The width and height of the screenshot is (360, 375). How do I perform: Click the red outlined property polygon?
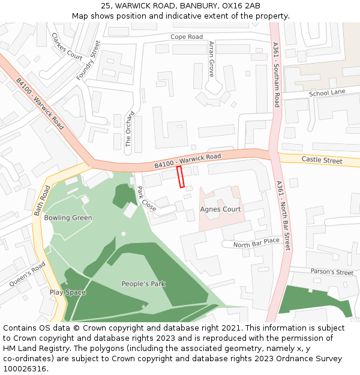(180, 177)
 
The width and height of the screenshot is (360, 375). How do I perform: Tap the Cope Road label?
(187, 37)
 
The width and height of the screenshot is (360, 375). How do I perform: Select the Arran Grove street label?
(211, 59)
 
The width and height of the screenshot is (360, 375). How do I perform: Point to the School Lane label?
(327, 93)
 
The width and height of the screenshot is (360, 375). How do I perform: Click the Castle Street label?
(322, 161)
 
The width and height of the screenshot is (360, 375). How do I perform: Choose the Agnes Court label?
(220, 209)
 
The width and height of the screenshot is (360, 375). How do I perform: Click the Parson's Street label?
(332, 272)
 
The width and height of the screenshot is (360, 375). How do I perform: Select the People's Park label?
(143, 284)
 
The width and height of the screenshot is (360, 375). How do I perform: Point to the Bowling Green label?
(68, 218)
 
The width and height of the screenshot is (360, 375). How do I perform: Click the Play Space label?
(68, 293)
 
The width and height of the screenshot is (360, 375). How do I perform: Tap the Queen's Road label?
(27, 274)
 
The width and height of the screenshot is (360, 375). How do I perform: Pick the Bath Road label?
(42, 201)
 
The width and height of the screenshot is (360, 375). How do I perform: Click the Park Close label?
(146, 199)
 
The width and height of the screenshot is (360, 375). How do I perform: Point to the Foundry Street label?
(87, 61)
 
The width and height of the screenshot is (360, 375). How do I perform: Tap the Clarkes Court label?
(67, 46)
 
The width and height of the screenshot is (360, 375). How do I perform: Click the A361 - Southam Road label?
(276, 75)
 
